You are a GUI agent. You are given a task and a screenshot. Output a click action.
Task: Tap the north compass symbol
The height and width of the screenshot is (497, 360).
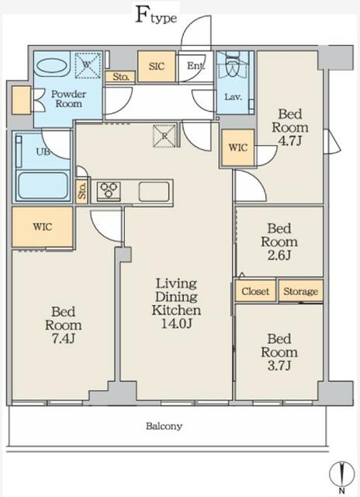[341, 473]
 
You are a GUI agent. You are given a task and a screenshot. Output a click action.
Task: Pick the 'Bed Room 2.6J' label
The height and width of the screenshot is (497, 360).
[279, 242]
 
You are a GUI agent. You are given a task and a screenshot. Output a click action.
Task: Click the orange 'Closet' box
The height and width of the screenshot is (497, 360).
[255, 291]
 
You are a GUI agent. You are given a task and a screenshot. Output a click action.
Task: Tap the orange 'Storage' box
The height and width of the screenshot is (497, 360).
[300, 291]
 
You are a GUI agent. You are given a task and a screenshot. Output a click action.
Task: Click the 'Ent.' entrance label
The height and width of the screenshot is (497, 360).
[196, 67]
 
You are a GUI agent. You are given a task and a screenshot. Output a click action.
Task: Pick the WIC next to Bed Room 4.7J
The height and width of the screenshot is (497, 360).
[238, 148]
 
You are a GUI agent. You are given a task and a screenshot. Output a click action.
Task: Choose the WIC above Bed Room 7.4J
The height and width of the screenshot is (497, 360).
[43, 228]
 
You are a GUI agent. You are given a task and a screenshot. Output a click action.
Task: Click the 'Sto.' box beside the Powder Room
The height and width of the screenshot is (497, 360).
[120, 76]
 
